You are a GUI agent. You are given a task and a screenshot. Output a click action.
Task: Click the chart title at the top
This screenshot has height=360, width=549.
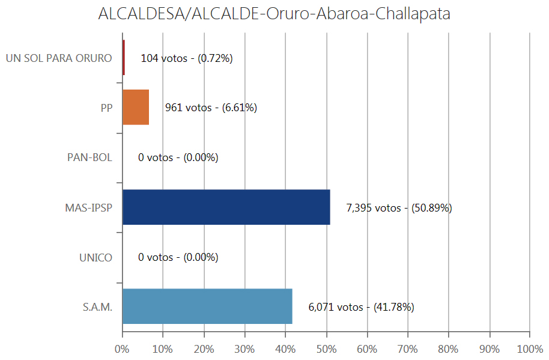click(274, 14)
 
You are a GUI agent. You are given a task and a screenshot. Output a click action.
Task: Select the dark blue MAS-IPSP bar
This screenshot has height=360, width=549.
click(226, 207)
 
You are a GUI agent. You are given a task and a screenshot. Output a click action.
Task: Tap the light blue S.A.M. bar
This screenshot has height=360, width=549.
click(207, 307)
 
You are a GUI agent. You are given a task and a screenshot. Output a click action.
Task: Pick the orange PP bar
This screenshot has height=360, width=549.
click(135, 108)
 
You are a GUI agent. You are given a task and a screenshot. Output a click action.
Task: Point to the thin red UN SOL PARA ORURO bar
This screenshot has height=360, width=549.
click(124, 58)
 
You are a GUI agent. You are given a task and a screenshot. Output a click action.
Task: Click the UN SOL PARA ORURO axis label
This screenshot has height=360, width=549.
click(59, 58)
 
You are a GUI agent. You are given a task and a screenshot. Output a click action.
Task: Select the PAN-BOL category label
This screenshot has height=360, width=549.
click(89, 157)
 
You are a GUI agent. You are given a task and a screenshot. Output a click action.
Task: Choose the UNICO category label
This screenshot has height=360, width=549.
click(96, 257)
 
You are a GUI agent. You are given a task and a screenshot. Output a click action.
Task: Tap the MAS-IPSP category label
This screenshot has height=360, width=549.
click(89, 207)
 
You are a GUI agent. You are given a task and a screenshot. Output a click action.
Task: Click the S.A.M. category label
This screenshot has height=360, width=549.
click(97, 307)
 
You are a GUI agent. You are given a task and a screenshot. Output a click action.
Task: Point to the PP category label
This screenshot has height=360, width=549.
click(106, 108)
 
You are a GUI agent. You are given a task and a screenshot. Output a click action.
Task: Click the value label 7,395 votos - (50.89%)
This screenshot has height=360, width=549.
click(399, 208)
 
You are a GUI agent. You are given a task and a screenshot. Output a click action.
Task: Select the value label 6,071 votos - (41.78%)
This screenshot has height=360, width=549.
click(361, 307)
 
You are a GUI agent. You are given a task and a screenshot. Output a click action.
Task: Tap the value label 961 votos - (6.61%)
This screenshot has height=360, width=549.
click(211, 108)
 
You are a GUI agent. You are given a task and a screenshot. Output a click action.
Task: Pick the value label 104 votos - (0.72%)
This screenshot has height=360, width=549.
click(186, 58)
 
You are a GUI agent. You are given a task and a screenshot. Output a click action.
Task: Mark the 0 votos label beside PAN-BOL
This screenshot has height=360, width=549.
click(178, 158)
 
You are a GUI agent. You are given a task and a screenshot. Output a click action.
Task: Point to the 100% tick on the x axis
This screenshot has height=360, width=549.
click(529, 349)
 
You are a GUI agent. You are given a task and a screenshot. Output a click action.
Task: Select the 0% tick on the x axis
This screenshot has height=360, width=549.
click(123, 349)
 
